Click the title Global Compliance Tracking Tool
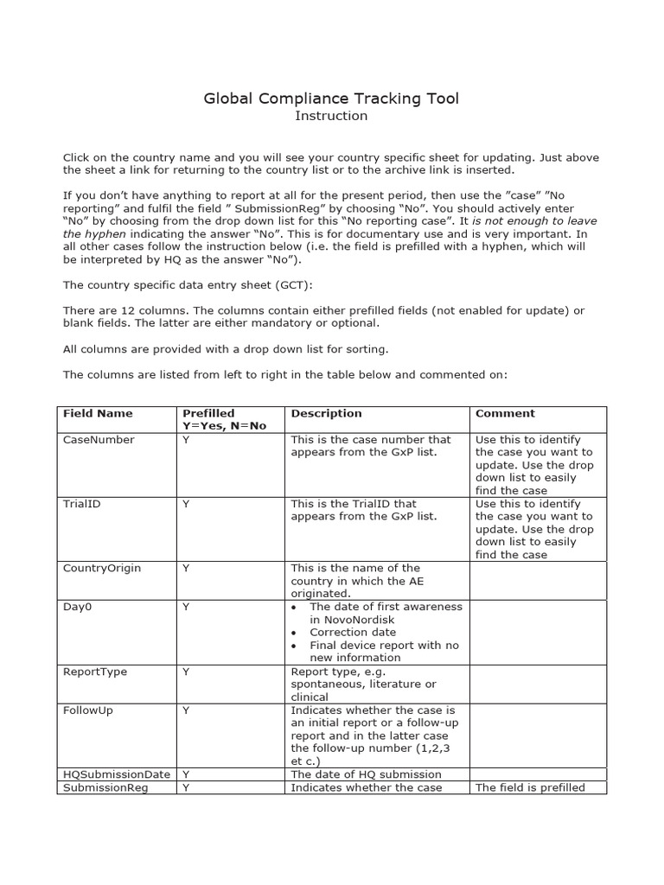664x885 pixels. pos(331,99)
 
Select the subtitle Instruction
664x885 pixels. pos(331,116)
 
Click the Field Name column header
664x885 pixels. pos(98,413)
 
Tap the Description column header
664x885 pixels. pos(326,413)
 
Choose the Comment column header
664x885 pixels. pos(505,413)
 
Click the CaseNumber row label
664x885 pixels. pos(99,440)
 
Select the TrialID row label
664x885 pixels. pos(82,504)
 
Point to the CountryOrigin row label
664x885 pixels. pos(102,568)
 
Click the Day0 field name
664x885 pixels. pos(77,607)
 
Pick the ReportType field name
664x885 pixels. pos(95,671)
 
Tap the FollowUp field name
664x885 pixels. pos(88,710)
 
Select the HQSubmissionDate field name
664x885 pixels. pos(116,774)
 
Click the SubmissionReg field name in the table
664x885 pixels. pos(105,787)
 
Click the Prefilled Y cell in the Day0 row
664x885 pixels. pos(186,607)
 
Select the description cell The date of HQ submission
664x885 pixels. pos(366,774)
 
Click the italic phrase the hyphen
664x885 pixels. pos(94,233)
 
